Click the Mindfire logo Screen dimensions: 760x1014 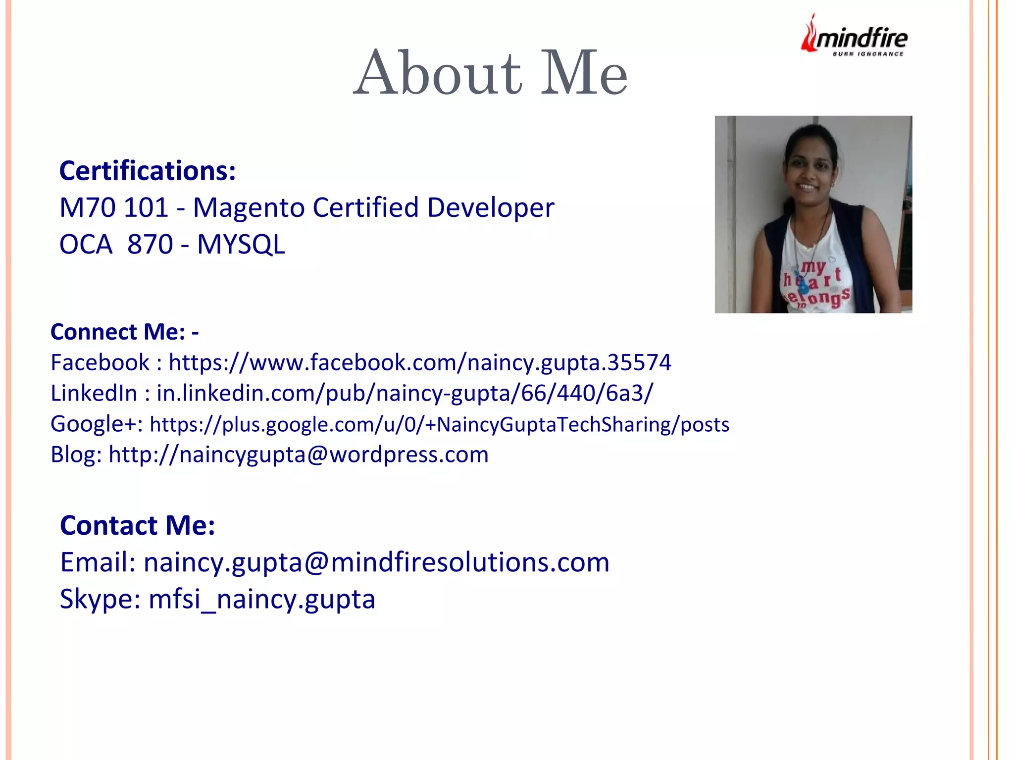tap(854, 37)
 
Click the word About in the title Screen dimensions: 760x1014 tap(438, 73)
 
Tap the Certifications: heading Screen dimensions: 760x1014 tap(148, 171)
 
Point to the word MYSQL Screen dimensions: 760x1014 tap(241, 245)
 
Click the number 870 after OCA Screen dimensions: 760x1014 tap(150, 245)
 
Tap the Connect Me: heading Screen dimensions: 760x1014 tap(125, 332)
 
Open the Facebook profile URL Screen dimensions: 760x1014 tap(420, 362)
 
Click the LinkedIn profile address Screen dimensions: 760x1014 tap(405, 393)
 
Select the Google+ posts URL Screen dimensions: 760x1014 tap(439, 424)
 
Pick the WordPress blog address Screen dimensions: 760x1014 tap(299, 455)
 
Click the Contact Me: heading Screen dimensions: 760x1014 tap(138, 525)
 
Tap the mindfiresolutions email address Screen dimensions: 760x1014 tap(376, 562)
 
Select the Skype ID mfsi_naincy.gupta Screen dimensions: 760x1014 tap(262, 599)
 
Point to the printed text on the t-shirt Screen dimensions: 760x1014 tap(817, 285)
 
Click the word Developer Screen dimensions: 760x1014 tap(490, 207)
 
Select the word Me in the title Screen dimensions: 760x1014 tap(583, 73)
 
